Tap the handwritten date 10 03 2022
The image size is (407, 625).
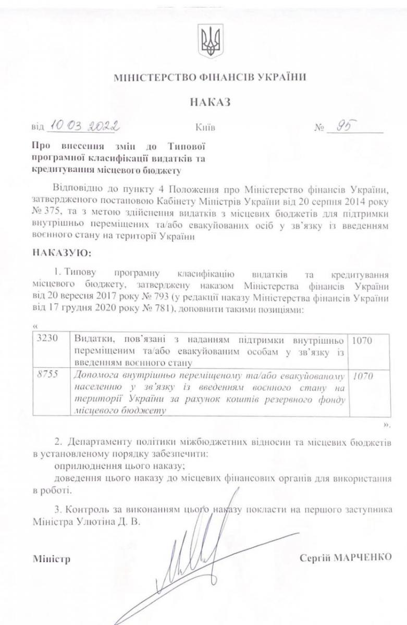click(x=83, y=126)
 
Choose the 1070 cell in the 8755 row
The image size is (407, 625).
click(x=362, y=375)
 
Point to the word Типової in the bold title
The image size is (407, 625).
click(x=187, y=147)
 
